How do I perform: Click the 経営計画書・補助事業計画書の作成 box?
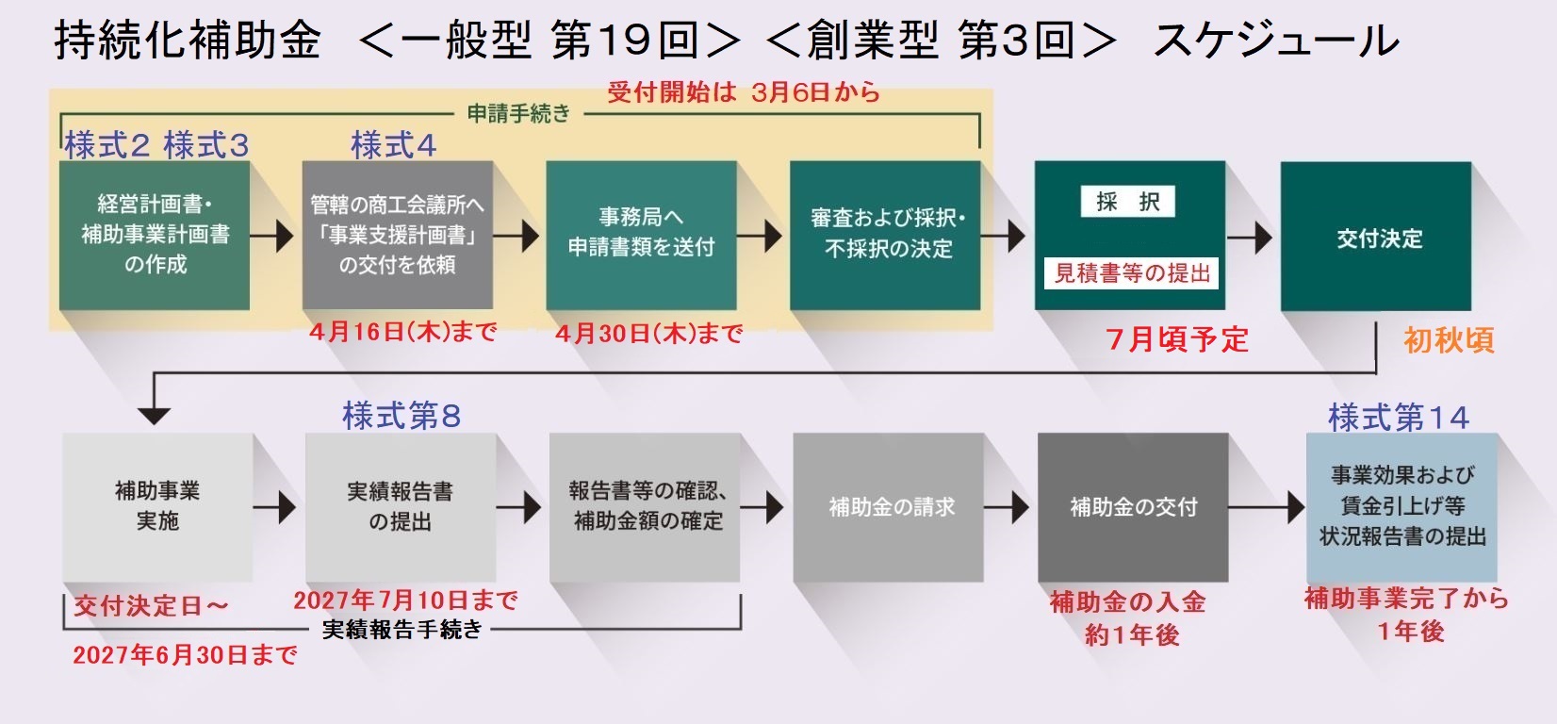point(155,235)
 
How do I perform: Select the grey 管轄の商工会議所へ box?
point(397,235)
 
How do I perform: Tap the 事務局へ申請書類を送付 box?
point(641,235)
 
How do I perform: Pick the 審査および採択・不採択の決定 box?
point(885,235)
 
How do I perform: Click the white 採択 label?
point(1127,202)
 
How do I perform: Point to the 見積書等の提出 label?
point(1131,273)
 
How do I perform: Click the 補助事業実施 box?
point(157,507)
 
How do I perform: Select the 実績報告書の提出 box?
point(401,507)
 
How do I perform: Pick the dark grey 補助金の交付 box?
point(1133,507)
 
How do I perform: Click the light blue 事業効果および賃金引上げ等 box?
point(1401,507)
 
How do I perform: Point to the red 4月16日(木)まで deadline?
point(403,332)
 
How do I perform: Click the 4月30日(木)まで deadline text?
point(649,334)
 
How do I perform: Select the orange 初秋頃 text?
point(1449,340)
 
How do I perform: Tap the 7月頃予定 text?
point(1177,339)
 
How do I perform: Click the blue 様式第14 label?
point(1399,417)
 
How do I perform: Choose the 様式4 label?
point(393,145)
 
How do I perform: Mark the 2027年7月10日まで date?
point(405,600)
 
